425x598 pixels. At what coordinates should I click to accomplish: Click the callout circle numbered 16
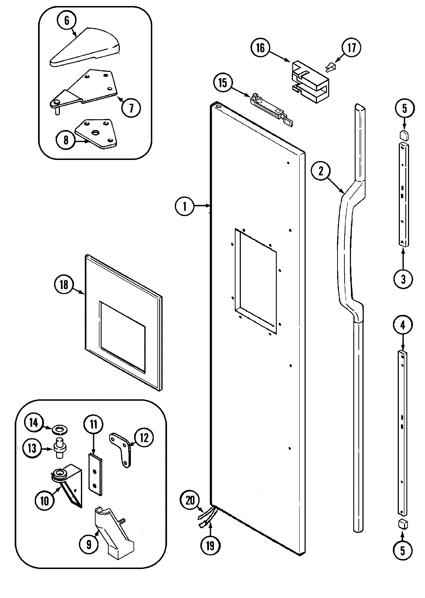(260, 48)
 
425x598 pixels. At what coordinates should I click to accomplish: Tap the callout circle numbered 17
(351, 48)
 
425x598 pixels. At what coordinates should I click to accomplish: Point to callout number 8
(66, 140)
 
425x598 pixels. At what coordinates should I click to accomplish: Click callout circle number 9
(89, 544)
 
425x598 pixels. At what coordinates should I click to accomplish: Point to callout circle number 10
(45, 501)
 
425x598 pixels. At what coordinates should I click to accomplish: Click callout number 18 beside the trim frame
(64, 284)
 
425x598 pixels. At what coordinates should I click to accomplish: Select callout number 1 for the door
(185, 206)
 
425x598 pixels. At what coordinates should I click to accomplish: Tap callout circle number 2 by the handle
(321, 171)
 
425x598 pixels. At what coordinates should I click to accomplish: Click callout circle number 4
(403, 324)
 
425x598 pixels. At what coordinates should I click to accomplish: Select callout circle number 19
(210, 545)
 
